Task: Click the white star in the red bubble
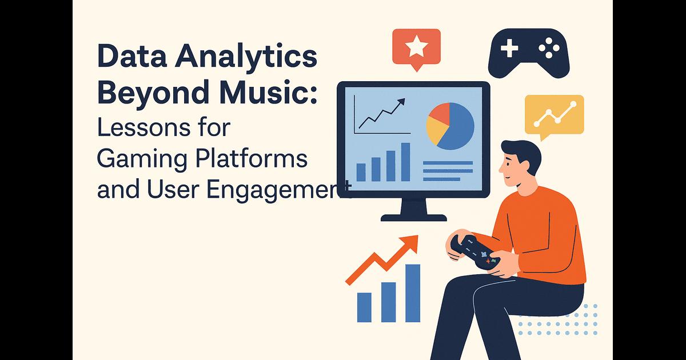pos(416,46)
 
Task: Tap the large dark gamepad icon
pos(529,53)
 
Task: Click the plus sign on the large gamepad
pos(509,48)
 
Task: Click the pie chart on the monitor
pos(450,126)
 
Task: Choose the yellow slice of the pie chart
pos(436,131)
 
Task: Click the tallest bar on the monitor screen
pos(405,162)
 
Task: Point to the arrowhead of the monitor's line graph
pos(401,102)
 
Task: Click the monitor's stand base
pos(414,218)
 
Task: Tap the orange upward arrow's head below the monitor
pos(410,243)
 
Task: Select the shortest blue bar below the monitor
pos(364,307)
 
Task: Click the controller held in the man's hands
pos(474,253)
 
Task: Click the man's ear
pos(524,167)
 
